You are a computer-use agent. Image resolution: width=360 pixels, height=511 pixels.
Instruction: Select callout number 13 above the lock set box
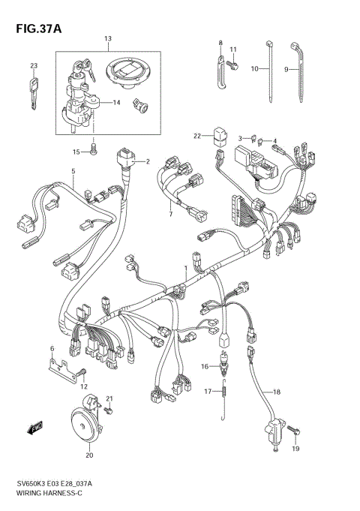pyautogui.click(x=107, y=38)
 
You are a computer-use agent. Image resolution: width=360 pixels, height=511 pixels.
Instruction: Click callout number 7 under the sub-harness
pyautogui.click(x=170, y=215)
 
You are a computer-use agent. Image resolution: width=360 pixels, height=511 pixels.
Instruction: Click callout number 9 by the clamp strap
pyautogui.click(x=286, y=69)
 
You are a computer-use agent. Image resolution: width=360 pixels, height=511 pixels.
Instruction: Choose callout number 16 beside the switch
pyautogui.click(x=203, y=366)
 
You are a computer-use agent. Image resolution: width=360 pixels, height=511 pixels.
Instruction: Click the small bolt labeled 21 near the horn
pyautogui.click(x=109, y=410)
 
